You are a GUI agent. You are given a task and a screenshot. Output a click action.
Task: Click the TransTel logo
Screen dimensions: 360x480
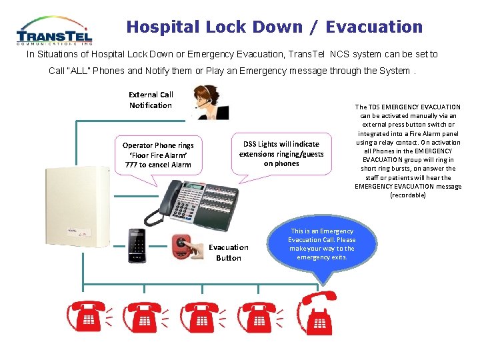point(54,31)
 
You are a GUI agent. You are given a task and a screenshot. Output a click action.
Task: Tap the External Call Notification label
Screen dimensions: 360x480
point(151,100)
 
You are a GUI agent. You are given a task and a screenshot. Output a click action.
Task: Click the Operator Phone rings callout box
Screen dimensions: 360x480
point(158,155)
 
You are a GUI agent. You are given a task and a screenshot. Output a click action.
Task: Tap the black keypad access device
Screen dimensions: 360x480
point(137,245)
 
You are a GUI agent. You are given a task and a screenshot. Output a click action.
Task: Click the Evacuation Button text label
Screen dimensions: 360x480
point(229,253)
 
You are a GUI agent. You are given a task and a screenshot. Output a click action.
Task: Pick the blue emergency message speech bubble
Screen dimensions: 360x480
point(322,245)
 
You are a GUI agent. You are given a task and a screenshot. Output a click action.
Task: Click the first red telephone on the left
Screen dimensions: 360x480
point(87,317)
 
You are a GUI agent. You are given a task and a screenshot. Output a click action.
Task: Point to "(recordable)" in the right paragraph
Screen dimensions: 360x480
point(408,195)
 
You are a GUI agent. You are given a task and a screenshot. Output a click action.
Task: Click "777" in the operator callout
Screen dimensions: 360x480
point(124,165)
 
